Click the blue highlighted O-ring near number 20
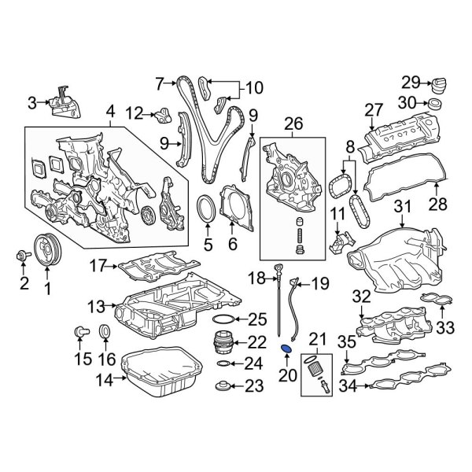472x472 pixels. (288, 348)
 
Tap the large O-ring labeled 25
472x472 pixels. (223, 319)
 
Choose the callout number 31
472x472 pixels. (402, 207)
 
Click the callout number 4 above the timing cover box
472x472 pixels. (109, 110)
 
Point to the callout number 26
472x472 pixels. (293, 124)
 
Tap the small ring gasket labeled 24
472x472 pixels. (223, 364)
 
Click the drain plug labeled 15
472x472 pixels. (79, 332)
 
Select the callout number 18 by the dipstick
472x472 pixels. (256, 278)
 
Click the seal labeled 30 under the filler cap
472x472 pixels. (435, 103)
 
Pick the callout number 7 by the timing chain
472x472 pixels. (160, 82)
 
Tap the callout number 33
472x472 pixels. (445, 326)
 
